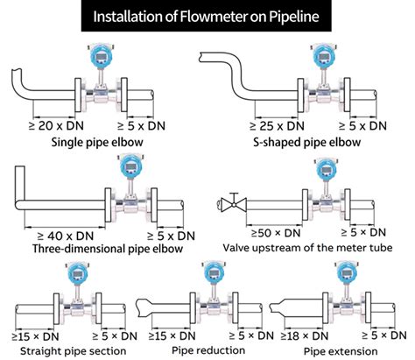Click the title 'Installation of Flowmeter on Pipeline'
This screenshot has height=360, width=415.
coord(207,16)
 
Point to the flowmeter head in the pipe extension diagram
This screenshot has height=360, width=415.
coord(341,277)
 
